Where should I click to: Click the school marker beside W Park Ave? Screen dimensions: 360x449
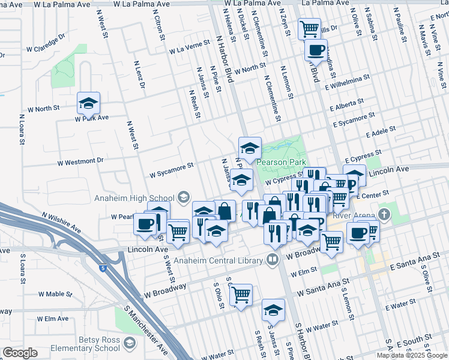click(x=88, y=103)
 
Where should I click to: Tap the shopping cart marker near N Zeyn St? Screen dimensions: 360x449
click(x=309, y=28)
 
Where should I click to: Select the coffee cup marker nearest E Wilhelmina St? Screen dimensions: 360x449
click(x=316, y=50)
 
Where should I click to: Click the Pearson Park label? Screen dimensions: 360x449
click(x=282, y=162)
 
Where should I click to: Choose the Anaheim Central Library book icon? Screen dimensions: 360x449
click(x=273, y=260)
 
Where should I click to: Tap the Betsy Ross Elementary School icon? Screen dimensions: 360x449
click(x=129, y=344)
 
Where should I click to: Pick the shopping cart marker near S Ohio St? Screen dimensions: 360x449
click(x=241, y=295)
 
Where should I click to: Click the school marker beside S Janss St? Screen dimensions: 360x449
click(x=273, y=310)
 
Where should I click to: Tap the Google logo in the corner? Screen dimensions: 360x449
click(x=20, y=352)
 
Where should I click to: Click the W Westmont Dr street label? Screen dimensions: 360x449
click(x=80, y=161)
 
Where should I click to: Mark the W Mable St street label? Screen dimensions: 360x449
click(x=55, y=295)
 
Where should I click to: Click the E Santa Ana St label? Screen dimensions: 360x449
click(x=411, y=262)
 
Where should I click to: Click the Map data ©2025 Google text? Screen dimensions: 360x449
click(x=411, y=355)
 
